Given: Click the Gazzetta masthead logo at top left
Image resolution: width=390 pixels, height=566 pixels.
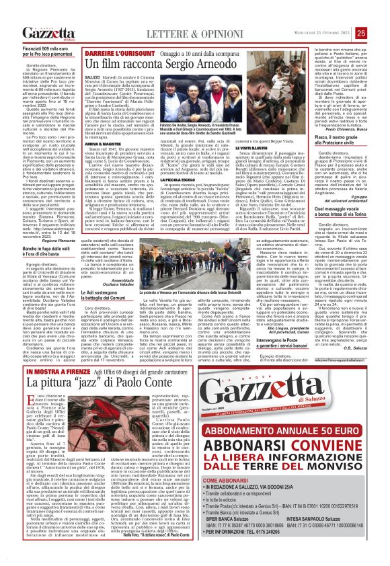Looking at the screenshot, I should (x=48, y=34).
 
